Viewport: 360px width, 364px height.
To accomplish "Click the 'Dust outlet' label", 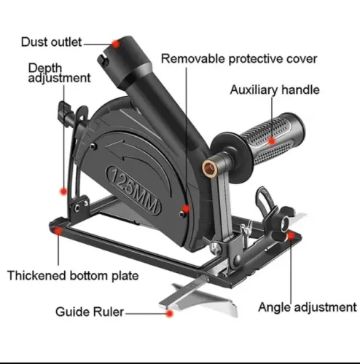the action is coord(51,42).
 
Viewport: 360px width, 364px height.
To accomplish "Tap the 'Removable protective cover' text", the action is coord(239,59).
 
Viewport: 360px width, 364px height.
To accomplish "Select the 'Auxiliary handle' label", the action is coord(275,90).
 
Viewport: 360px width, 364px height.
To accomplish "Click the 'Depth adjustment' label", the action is coord(59,73).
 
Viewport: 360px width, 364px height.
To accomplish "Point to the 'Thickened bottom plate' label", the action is coord(73,276).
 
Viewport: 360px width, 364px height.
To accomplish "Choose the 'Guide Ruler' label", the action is coord(90,312).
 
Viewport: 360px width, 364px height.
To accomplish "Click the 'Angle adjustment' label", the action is coord(308,307).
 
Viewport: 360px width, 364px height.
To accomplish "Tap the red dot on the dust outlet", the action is coord(116,44).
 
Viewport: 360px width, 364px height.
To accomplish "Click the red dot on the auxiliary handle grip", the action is coord(272,141).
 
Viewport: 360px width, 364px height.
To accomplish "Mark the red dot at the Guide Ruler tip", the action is coord(170,314).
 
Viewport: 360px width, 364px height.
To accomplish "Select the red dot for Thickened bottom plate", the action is coord(58,231).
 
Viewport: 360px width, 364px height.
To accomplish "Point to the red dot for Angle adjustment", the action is coord(291,235).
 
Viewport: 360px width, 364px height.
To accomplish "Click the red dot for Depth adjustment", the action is coord(63,191).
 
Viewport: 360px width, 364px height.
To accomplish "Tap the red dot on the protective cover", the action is coord(186,208).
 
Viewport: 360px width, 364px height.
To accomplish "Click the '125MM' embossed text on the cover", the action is coord(133,190).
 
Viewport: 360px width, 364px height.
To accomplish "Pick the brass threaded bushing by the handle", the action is coord(209,167).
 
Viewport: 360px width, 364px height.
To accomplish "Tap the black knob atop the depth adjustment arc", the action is coord(63,110).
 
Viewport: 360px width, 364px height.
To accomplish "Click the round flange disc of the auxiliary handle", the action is coord(231,155).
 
